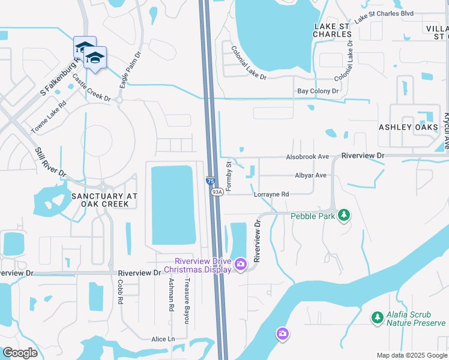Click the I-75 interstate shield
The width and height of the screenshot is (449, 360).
pos(210,181)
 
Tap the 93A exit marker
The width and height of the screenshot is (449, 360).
pos(217,191)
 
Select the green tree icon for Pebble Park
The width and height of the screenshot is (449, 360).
pos(343,215)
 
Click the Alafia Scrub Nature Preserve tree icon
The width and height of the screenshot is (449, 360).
pos(377,317)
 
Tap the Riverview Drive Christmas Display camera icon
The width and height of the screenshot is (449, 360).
pos(241,264)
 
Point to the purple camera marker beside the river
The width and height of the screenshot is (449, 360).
pos(283,333)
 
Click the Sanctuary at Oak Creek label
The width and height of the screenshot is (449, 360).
pos(104,200)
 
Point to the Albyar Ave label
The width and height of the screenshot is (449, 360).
pos(310,175)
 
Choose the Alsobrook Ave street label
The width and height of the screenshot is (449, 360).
pos(307,157)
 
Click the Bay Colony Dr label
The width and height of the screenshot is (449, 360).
pos(318,91)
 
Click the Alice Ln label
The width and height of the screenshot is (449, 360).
pos(163,339)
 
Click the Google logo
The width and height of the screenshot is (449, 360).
pos(20,353)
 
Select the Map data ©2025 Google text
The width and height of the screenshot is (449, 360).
pos(412,355)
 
